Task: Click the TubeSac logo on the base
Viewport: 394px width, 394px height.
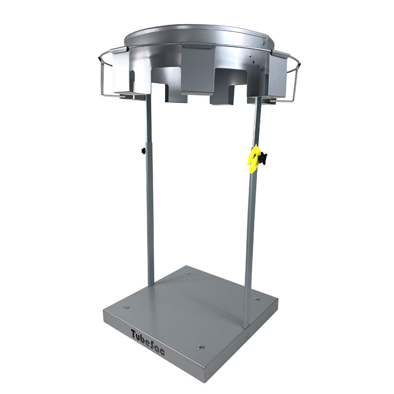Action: [x=148, y=342]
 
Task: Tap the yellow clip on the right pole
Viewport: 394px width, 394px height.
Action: [x=253, y=158]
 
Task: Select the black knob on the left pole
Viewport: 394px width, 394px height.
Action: [x=143, y=151]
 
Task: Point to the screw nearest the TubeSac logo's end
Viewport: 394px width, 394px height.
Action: [x=201, y=347]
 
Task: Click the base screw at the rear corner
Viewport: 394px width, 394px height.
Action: [x=188, y=273]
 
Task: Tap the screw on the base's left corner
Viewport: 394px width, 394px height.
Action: [x=127, y=307]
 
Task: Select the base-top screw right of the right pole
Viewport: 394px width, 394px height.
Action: [x=257, y=299]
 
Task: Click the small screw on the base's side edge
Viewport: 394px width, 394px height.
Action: [x=247, y=335]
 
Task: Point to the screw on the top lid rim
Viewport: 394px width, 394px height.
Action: [x=264, y=43]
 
